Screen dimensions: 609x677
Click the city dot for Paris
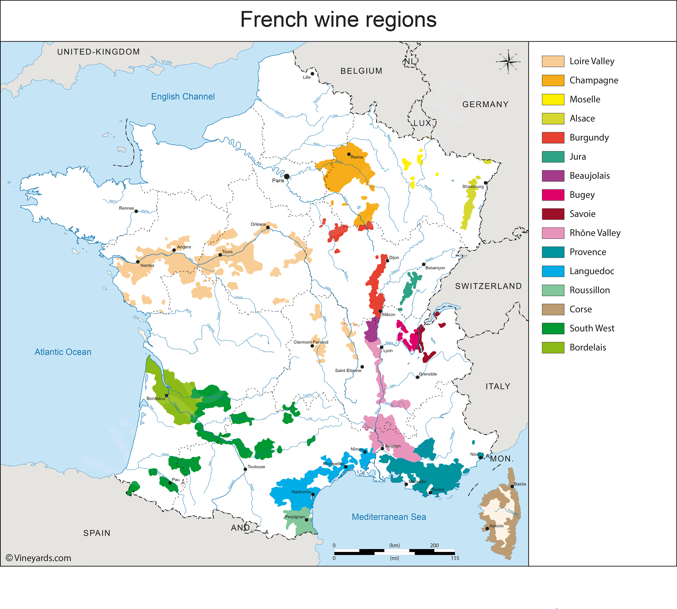click(x=287, y=176)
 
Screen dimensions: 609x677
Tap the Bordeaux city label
click(x=156, y=399)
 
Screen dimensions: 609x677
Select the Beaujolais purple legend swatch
click(x=553, y=176)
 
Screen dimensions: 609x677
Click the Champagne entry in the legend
click(x=594, y=80)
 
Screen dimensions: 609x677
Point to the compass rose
click(x=508, y=62)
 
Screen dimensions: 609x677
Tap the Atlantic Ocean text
click(x=63, y=352)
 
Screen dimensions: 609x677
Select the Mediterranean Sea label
click(x=389, y=517)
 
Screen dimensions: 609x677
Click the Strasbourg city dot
click(x=486, y=183)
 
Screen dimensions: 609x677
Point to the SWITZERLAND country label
click(x=488, y=286)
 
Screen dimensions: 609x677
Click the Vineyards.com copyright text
click(x=38, y=558)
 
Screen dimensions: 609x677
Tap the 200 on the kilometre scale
click(x=434, y=545)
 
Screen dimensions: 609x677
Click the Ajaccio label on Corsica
click(x=496, y=526)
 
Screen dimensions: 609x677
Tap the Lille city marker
click(x=312, y=74)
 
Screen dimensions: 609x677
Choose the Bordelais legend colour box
click(x=553, y=347)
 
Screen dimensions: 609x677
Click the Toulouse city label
click(x=256, y=467)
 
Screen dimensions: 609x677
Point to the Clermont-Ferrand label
click(x=311, y=342)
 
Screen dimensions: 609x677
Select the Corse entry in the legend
click(x=580, y=309)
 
